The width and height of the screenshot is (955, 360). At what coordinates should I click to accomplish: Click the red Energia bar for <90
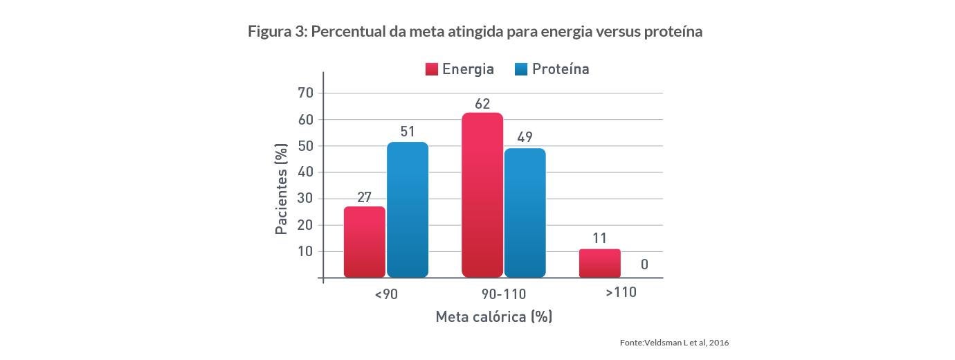[365, 242]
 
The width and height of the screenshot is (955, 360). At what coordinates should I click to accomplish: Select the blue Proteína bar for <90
[408, 210]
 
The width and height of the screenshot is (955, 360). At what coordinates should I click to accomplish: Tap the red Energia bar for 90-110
[482, 195]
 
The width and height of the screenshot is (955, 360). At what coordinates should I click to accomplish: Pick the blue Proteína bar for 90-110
[525, 213]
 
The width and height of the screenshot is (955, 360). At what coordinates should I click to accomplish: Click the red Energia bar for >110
[600, 263]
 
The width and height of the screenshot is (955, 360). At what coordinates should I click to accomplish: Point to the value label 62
[482, 104]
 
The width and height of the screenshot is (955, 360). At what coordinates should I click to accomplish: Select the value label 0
[644, 264]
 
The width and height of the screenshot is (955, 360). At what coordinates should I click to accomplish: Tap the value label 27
[365, 197]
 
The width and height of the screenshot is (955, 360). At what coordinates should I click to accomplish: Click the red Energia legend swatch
[432, 69]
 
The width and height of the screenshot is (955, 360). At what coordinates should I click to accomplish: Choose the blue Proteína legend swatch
[521, 69]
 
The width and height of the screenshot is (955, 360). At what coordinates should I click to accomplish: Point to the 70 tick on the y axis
[306, 93]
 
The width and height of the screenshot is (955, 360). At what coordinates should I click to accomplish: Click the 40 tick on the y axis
[306, 172]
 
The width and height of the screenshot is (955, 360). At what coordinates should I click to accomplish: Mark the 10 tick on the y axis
[306, 251]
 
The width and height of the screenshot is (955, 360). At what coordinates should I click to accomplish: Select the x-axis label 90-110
[504, 294]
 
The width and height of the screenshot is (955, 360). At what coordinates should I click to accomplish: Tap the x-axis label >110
[621, 293]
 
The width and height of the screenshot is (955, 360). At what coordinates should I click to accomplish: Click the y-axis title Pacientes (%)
[282, 188]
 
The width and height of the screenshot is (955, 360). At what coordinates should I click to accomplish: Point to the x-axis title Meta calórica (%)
[493, 317]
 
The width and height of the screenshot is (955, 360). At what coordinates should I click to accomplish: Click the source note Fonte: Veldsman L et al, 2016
[674, 343]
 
